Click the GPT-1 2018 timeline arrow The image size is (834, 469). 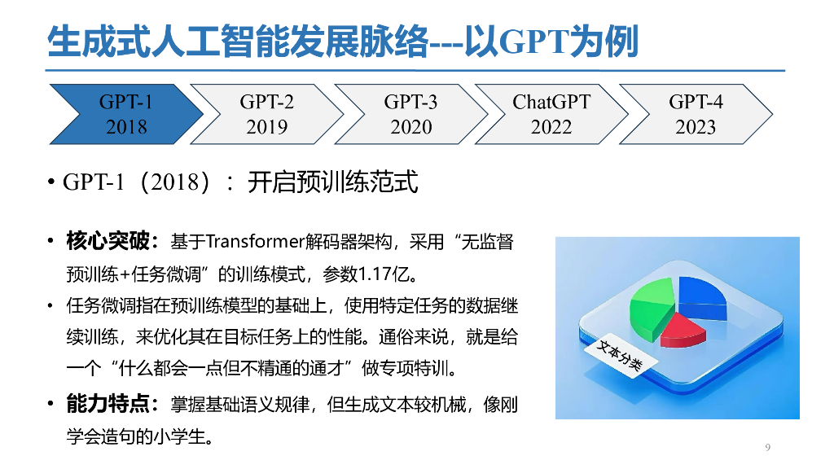pyautogui.click(x=122, y=114)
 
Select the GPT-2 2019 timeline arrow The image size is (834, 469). pyautogui.click(x=267, y=114)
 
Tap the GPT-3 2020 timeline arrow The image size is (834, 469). pyautogui.click(x=410, y=114)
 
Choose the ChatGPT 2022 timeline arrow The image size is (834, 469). pyautogui.click(x=551, y=114)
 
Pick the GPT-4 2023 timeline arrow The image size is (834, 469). pyautogui.click(x=694, y=114)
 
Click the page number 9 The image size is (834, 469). pyautogui.click(x=767, y=447)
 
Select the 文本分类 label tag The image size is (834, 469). pyautogui.click(x=614, y=355)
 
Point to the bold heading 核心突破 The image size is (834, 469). pyautogui.click(x=108, y=241)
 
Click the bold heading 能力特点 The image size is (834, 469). pyautogui.click(x=108, y=403)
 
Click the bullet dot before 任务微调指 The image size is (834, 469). pyautogui.click(x=50, y=307)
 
